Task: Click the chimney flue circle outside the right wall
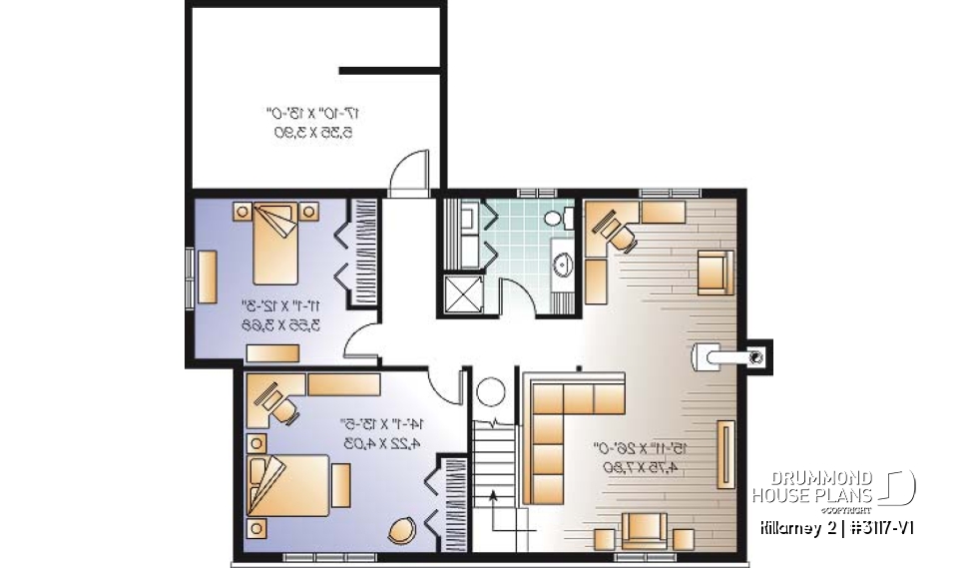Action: [x=757, y=353]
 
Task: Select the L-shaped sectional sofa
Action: [x=569, y=429]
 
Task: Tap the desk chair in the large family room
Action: [x=618, y=235]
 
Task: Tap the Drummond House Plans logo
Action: [x=833, y=486]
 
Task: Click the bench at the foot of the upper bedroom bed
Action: [x=274, y=352]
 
